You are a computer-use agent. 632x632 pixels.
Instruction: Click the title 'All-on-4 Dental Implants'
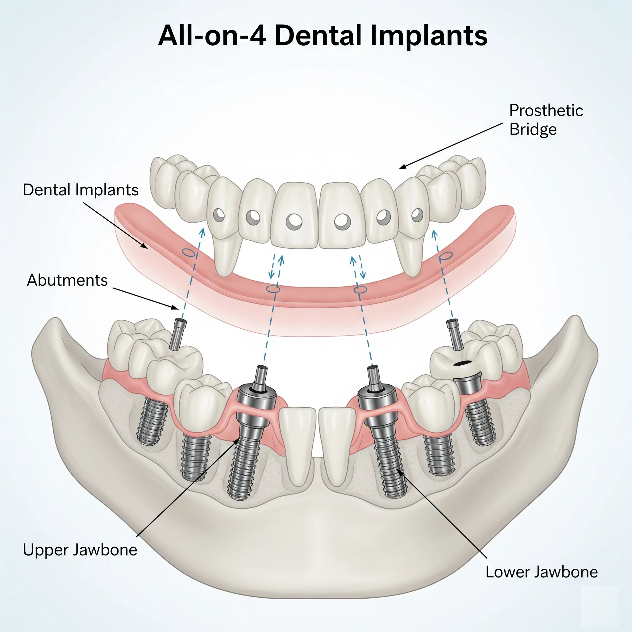click(x=322, y=36)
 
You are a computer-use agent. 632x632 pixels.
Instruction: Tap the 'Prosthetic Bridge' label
click(x=546, y=120)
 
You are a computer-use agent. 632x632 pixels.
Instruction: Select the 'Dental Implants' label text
click(x=81, y=190)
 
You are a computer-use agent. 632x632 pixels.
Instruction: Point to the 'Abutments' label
click(x=67, y=280)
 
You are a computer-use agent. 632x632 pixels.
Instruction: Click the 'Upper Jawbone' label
click(x=80, y=550)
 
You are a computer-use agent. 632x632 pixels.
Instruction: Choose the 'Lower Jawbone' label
click(x=541, y=572)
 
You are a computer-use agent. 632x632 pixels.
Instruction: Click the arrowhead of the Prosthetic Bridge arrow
click(x=402, y=167)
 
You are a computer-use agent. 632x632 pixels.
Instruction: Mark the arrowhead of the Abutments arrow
click(x=175, y=307)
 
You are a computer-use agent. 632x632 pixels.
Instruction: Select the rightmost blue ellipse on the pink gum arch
click(x=446, y=256)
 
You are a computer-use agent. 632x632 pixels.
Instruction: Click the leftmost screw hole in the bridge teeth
click(x=219, y=215)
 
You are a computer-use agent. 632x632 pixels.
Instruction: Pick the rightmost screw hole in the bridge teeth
click(x=417, y=215)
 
